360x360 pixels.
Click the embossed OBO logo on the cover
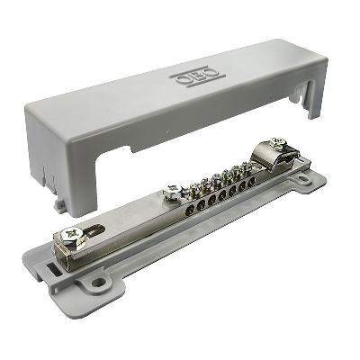point(197,76)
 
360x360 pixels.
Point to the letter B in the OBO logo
point(198,76)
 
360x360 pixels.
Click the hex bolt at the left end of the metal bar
point(73,238)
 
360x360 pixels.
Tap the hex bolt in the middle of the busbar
point(173,191)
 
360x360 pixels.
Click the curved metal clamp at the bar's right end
point(267,157)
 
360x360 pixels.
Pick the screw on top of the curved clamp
point(277,143)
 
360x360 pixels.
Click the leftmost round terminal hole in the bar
point(190,211)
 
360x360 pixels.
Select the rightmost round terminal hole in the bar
point(251,182)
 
